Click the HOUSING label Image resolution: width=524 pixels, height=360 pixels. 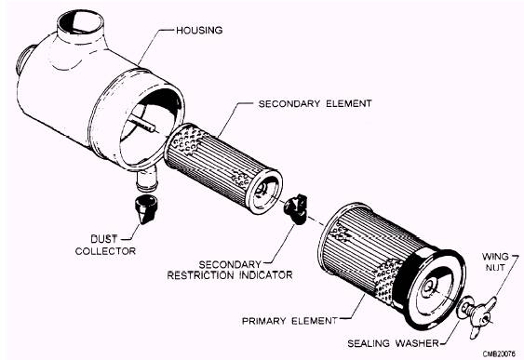tap(199, 31)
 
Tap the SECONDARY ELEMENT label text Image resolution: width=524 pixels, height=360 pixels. tap(316, 103)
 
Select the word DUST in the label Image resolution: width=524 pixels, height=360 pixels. tap(104, 239)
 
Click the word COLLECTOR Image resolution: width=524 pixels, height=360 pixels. tap(105, 251)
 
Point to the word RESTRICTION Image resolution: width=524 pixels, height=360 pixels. tap(200, 275)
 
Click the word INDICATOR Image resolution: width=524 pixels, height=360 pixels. tap(266, 275)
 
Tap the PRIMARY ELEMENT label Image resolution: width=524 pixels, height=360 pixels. tap(289, 321)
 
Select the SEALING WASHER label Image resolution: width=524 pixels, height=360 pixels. tap(393, 343)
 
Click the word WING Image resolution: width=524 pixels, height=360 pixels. tap(495, 257)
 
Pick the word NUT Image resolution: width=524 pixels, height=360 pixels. tap(495, 268)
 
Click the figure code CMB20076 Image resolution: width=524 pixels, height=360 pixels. tap(499, 354)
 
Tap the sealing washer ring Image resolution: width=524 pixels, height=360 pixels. tap(463, 308)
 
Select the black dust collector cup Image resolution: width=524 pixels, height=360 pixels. tap(146, 209)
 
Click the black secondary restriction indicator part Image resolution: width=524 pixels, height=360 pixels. tap(295, 208)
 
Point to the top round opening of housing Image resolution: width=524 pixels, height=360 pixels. tap(81, 21)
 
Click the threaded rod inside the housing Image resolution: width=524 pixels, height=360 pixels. tap(142, 123)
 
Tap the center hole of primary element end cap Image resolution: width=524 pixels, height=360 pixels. tap(429, 287)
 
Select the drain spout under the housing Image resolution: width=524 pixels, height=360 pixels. tap(146, 180)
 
